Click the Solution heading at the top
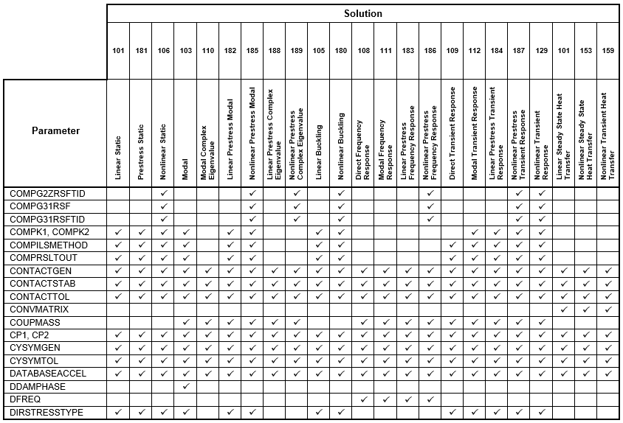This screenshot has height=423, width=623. [362, 14]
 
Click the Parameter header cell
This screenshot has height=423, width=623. [55, 131]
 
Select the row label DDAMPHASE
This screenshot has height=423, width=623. [38, 386]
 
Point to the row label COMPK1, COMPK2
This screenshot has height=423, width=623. [45, 232]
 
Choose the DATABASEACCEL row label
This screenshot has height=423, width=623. [48, 374]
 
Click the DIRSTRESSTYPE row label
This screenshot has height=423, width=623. [47, 412]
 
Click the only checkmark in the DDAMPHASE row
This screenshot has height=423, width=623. [186, 386]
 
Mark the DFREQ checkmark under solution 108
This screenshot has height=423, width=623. [363, 399]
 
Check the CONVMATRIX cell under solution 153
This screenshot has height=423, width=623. [585, 310]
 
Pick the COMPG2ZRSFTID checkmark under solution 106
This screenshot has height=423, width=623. [163, 194]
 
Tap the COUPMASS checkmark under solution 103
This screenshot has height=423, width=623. [186, 323]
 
